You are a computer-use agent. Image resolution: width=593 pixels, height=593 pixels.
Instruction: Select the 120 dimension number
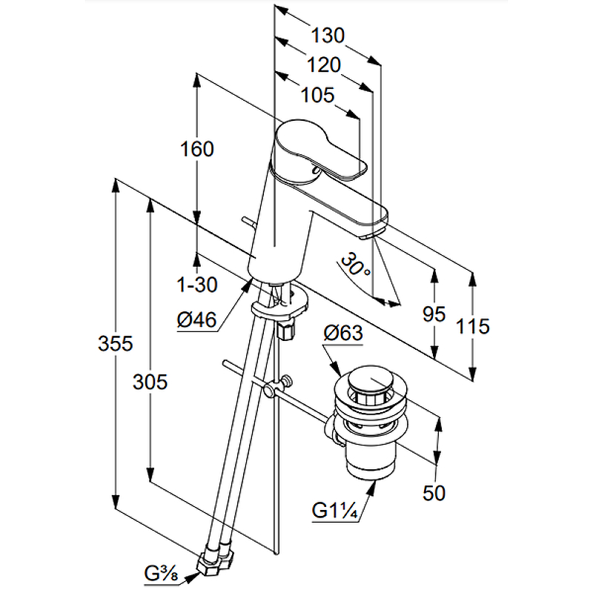pyautogui.click(x=325, y=65)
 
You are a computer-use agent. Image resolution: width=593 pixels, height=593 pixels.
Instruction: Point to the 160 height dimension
pyautogui.click(x=196, y=149)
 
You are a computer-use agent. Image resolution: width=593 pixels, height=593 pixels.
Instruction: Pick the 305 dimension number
pyautogui.click(x=150, y=382)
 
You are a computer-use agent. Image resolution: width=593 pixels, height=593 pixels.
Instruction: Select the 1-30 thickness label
pyautogui.click(x=196, y=284)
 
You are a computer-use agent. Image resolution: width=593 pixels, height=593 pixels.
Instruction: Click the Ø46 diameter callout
pyautogui.click(x=196, y=320)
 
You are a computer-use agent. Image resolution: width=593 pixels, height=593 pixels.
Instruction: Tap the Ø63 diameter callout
pyautogui.click(x=343, y=334)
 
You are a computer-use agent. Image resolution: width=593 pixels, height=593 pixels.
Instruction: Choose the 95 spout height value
pyautogui.click(x=434, y=315)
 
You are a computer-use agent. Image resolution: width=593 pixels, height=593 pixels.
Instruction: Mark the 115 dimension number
pyautogui.click(x=473, y=325)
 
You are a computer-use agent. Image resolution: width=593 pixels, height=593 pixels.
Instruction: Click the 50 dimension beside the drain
pyautogui.click(x=434, y=492)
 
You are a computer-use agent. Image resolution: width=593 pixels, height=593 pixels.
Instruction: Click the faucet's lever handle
pyautogui.click(x=321, y=150)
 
